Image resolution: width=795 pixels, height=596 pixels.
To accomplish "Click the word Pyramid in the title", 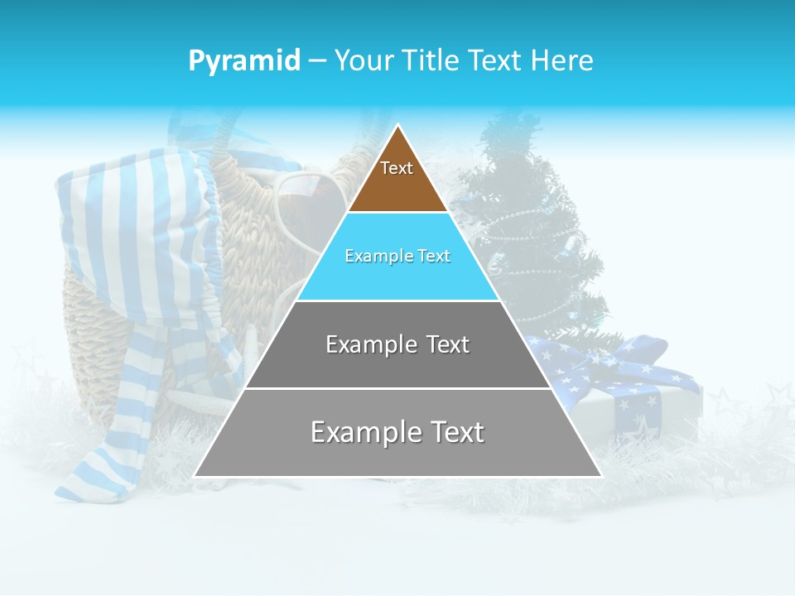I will point(244,60).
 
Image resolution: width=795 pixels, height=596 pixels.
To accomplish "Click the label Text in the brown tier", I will point(397,168).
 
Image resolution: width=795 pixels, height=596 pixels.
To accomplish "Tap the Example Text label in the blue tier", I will point(397,256).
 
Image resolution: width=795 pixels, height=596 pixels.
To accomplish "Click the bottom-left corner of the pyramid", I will point(196,475).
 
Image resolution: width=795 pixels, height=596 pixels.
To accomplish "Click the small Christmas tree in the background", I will point(530,232).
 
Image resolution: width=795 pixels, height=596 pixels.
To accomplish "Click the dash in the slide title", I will point(317,61).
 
